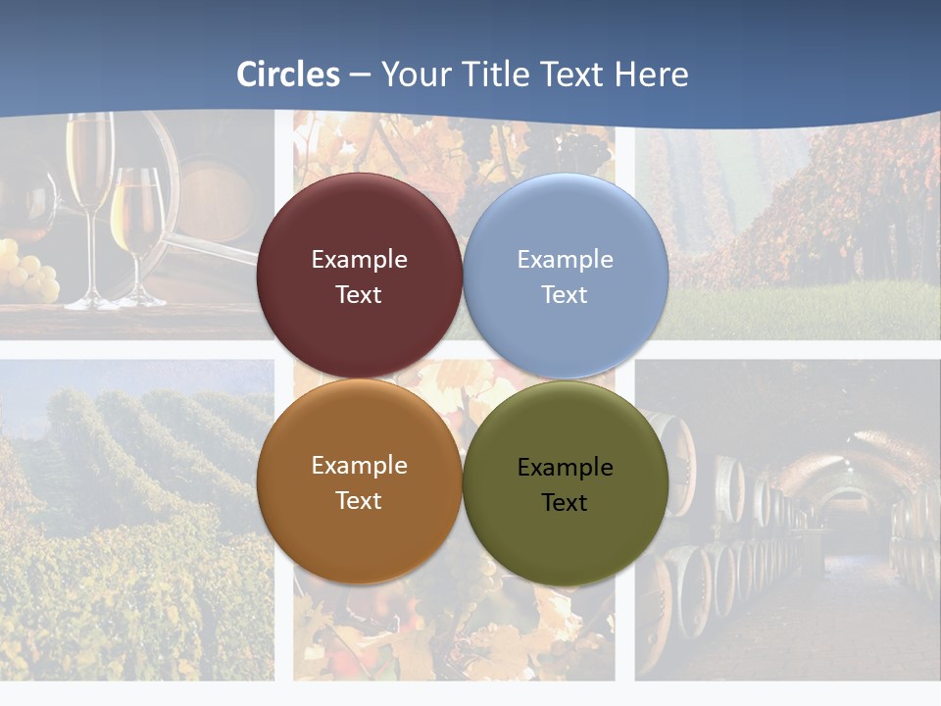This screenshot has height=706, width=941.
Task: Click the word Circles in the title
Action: point(288,75)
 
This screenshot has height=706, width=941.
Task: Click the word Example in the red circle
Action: point(359,260)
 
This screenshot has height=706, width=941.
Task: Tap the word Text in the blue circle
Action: point(565,295)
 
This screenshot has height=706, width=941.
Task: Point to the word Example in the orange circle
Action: point(359,466)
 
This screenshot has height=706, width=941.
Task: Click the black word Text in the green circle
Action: point(565,503)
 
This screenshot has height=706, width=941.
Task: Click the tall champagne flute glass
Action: point(90,196)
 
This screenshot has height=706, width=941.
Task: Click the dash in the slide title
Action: point(360,76)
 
